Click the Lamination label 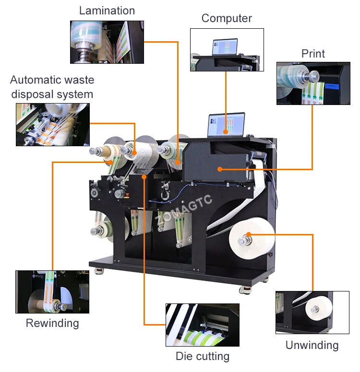(107, 11)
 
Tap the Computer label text (227, 18)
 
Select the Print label (313, 53)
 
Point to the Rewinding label (52, 323)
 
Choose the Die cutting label (202, 356)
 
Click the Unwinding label (312, 345)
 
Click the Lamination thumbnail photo (107, 42)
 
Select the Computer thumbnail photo (227, 50)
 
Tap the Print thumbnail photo (313, 83)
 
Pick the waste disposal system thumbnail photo (52, 124)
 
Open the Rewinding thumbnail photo (52, 292)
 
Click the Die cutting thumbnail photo (202, 325)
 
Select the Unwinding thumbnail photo (312, 313)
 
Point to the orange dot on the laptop (226, 131)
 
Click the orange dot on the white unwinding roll (249, 234)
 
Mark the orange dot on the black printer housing (219, 169)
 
